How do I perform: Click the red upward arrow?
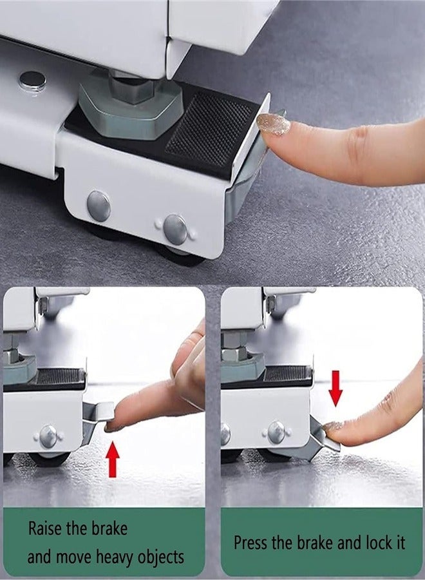[x=113, y=459]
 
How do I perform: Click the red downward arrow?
[x=335, y=388]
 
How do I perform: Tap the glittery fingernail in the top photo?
[x=274, y=123]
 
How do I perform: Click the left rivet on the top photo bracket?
[x=99, y=206]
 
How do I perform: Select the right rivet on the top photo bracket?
[x=175, y=229]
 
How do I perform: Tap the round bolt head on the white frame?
[x=32, y=81]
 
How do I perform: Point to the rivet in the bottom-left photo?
[x=48, y=436]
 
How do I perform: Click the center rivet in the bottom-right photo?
[x=277, y=432]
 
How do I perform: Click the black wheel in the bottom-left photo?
[x=50, y=459]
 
